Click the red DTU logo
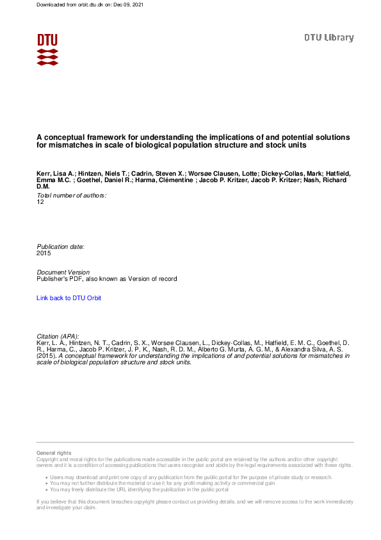pyautogui.click(x=47, y=49)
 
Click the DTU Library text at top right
pyautogui.click(x=328, y=38)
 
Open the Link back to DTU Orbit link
pyautogui.click(x=69, y=298)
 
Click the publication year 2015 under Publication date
pyautogui.click(x=44, y=253)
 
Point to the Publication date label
pyautogui.click(x=60, y=246)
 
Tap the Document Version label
pyautogui.click(x=63, y=273)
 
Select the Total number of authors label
pyautogui.click(x=71, y=195)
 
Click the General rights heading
pyautogui.click(x=54, y=453)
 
